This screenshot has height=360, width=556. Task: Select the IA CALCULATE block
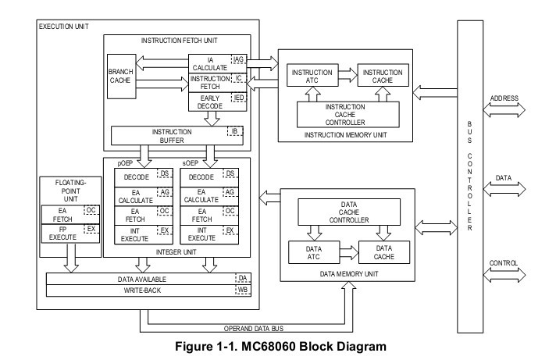(x=208, y=62)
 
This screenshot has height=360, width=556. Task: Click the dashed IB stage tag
(x=233, y=130)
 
